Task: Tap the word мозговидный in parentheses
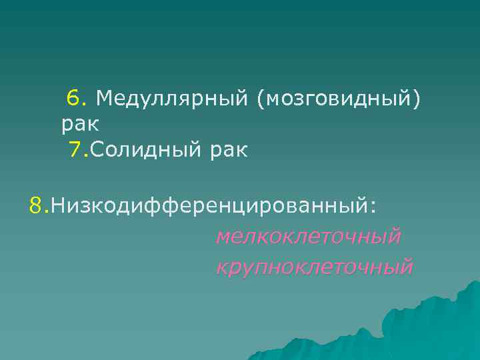click(x=337, y=99)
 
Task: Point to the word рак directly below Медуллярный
click(x=80, y=124)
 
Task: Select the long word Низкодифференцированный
click(x=208, y=206)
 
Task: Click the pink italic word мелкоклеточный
click(x=309, y=236)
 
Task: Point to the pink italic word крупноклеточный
click(x=314, y=267)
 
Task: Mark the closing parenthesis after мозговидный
click(x=418, y=100)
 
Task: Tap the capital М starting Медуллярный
click(x=105, y=99)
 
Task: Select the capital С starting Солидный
click(x=97, y=150)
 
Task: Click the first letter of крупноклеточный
click(x=221, y=268)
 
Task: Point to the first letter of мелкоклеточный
click(x=223, y=237)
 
